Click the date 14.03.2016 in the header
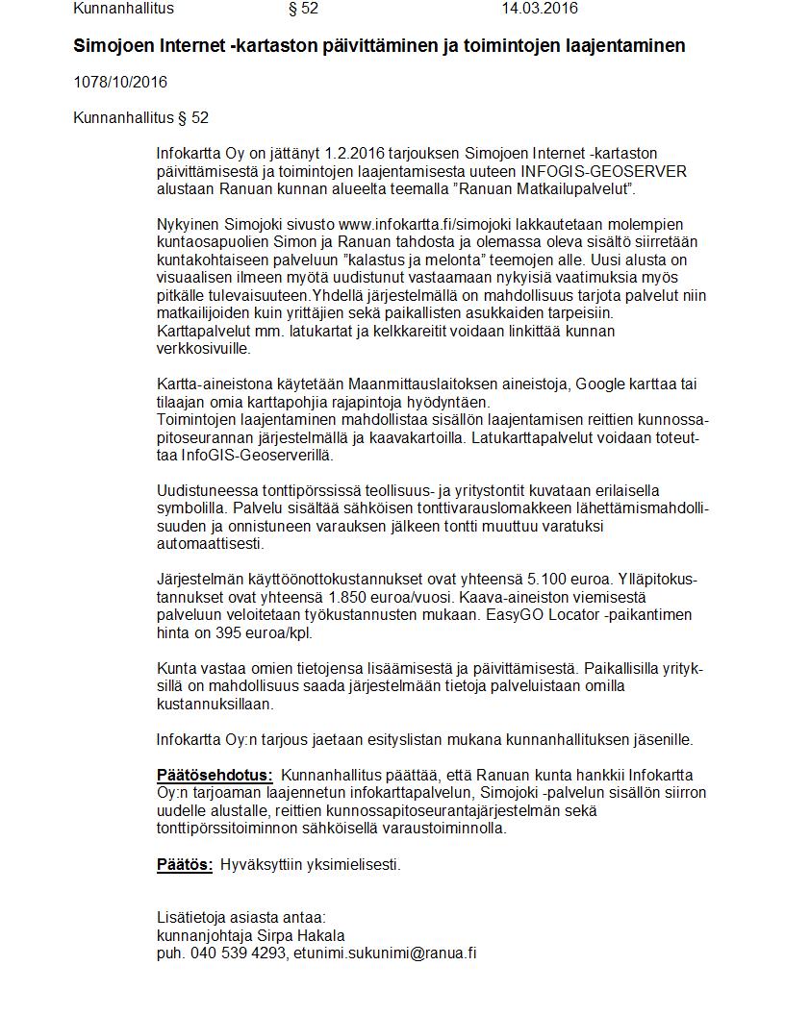[x=540, y=9]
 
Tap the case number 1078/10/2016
[x=120, y=82]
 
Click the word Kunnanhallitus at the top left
[x=123, y=9]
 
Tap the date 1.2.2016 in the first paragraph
[x=351, y=153]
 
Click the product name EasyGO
[x=519, y=615]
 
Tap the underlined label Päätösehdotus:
[x=215, y=776]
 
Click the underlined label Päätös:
[x=185, y=864]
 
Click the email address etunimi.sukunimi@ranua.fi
[x=386, y=953]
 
